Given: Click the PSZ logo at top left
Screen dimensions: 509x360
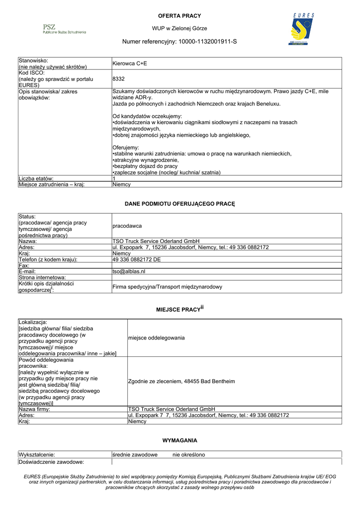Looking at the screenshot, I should point(64,29).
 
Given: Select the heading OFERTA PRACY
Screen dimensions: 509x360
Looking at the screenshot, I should point(180,16).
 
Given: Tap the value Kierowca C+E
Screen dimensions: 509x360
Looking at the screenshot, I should point(130,64).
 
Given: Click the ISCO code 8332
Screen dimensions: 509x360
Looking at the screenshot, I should point(119,79).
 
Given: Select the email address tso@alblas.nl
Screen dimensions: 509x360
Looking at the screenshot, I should point(129,271).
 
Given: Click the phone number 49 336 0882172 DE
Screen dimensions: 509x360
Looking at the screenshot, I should point(136,259).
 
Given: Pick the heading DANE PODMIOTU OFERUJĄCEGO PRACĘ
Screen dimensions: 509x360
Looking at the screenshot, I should point(180,204).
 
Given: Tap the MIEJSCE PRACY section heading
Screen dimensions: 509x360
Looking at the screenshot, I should point(180,309).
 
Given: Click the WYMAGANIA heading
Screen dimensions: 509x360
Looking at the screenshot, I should point(180,440).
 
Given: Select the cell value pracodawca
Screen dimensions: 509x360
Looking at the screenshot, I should point(127,226).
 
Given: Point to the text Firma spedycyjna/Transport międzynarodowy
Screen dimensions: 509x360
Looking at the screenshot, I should point(167,287).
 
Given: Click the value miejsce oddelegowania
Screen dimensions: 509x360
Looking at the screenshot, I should point(156,338).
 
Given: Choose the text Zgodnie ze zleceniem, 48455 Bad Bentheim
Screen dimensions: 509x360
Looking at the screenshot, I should point(181,381).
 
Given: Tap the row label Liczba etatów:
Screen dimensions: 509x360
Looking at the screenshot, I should point(36,178).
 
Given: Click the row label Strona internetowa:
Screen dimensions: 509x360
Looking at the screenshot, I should point(42,277).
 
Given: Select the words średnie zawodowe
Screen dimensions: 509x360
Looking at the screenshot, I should point(135,454).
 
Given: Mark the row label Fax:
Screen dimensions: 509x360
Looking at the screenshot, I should point(24,265).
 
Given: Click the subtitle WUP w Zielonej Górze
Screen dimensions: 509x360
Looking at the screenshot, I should point(180,28).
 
